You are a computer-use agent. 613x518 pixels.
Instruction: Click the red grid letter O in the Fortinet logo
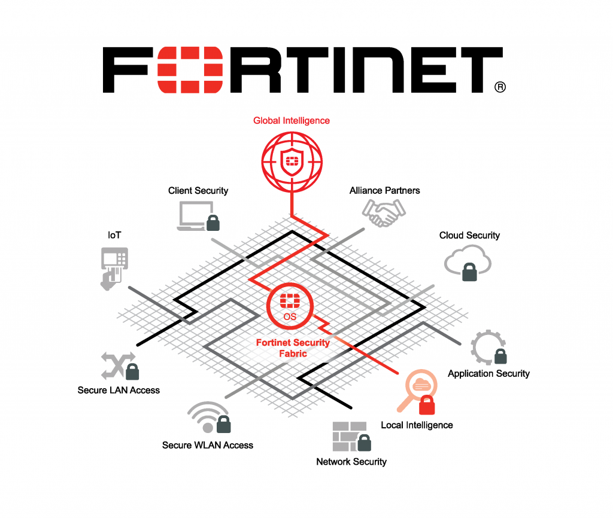point(190,70)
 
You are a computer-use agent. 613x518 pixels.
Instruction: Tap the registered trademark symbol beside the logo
point(500,87)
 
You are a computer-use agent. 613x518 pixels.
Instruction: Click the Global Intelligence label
point(292,121)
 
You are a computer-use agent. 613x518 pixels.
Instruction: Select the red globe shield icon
point(292,162)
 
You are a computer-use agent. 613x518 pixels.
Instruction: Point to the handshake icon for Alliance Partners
point(384,213)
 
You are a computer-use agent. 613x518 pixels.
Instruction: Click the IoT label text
point(114,235)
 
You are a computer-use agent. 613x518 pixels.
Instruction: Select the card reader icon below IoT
point(114,269)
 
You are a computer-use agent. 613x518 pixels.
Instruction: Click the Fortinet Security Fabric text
point(293,348)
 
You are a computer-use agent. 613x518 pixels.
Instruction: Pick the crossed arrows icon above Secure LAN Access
point(118,365)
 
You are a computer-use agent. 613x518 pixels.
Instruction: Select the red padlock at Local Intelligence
point(426,405)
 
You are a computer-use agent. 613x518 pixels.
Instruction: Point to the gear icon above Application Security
point(487,347)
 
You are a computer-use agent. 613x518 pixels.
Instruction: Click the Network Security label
point(351,462)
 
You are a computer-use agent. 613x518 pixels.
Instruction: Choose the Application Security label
point(488,374)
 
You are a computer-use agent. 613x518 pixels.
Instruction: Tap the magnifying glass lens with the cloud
point(421,385)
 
